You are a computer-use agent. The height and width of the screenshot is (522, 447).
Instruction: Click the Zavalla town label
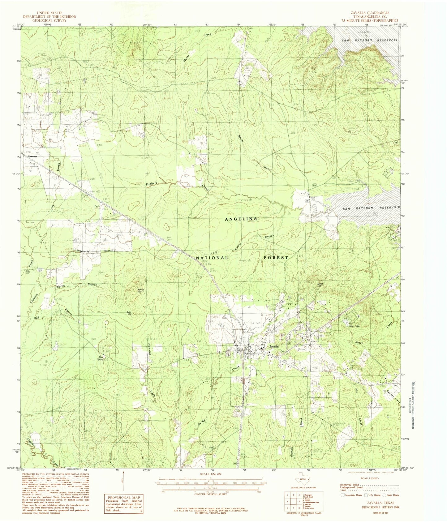[x=274, y=346]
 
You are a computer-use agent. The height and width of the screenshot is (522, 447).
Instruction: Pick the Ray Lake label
[x=355, y=326]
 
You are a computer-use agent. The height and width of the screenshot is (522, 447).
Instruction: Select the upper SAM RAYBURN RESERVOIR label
[x=369, y=41]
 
